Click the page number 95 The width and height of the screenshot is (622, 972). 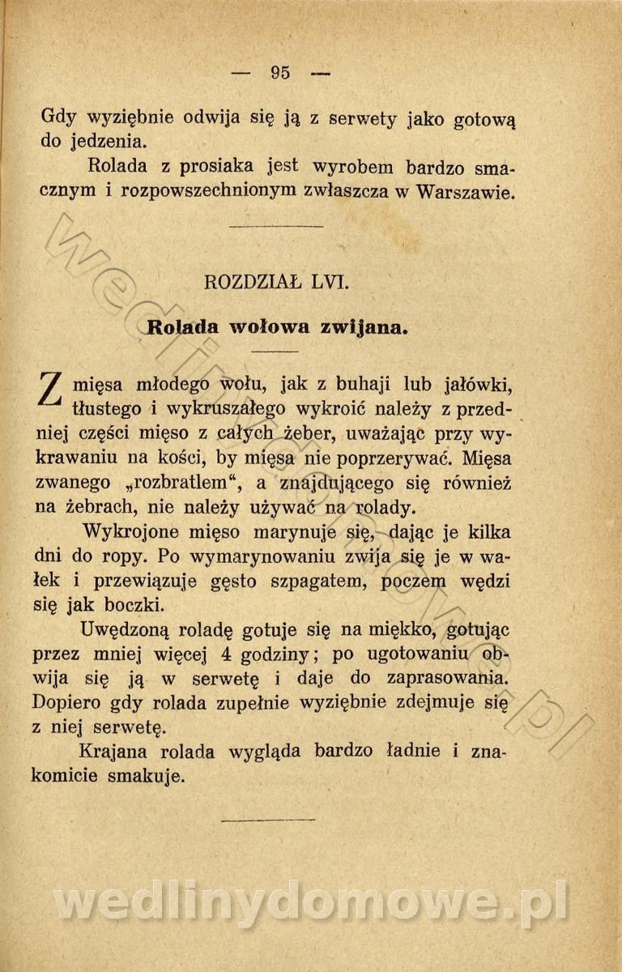[280, 72]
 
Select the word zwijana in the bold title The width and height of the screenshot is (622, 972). [362, 328]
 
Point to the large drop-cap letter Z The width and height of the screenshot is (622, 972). [53, 390]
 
